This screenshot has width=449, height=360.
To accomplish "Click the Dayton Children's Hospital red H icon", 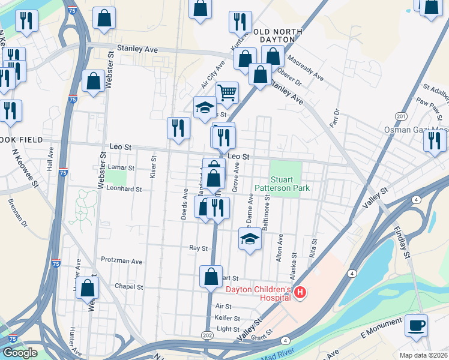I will click(x=300, y=293).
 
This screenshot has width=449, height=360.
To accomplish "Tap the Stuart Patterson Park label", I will click(x=290, y=184).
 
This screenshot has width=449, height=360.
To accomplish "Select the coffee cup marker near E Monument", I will click(x=416, y=326).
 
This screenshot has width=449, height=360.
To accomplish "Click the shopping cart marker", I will click(x=227, y=93).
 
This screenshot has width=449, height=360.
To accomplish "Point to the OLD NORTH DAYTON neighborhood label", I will click(x=270, y=34).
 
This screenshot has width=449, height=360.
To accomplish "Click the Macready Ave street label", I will click(x=305, y=69).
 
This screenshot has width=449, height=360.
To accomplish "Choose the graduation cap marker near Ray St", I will click(x=250, y=239).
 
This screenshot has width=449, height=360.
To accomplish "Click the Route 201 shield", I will click(x=401, y=116).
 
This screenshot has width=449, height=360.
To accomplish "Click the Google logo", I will click(x=20, y=353).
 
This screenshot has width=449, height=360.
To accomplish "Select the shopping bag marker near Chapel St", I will click(x=88, y=288).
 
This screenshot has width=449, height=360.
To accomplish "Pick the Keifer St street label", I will click(x=228, y=318).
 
